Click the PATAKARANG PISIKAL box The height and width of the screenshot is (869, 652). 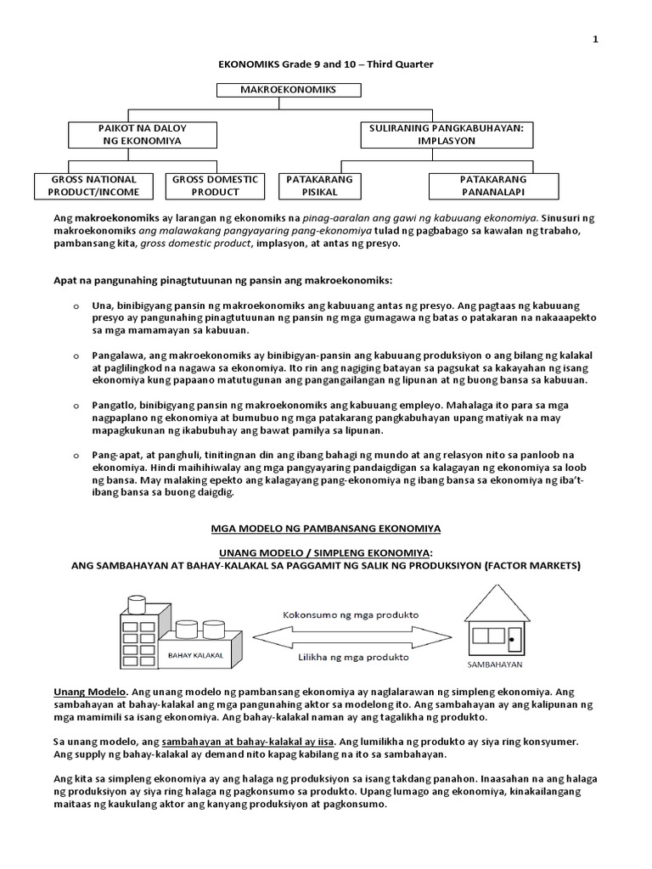tap(320, 185)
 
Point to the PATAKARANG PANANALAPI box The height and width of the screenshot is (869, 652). tap(493, 185)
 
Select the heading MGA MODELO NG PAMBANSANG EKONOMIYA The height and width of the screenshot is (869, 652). tap(325, 527)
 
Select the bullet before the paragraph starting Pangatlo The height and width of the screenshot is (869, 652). tap(76, 406)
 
